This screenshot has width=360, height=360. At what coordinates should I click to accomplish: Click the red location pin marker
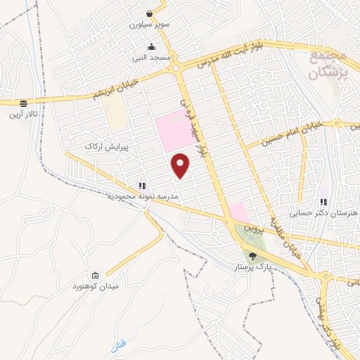tap(181, 165)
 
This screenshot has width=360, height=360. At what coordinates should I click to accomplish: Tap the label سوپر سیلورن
tap(145, 24)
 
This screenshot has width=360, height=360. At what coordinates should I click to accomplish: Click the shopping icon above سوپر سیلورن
tap(150, 13)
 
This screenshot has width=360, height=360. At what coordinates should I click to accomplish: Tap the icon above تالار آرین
tap(23, 103)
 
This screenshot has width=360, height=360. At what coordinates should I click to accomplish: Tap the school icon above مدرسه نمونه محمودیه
tap(142, 186)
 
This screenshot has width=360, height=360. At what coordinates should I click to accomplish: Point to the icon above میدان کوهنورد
tap(96, 275)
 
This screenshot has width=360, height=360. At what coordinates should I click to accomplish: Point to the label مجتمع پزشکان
tap(328, 64)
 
